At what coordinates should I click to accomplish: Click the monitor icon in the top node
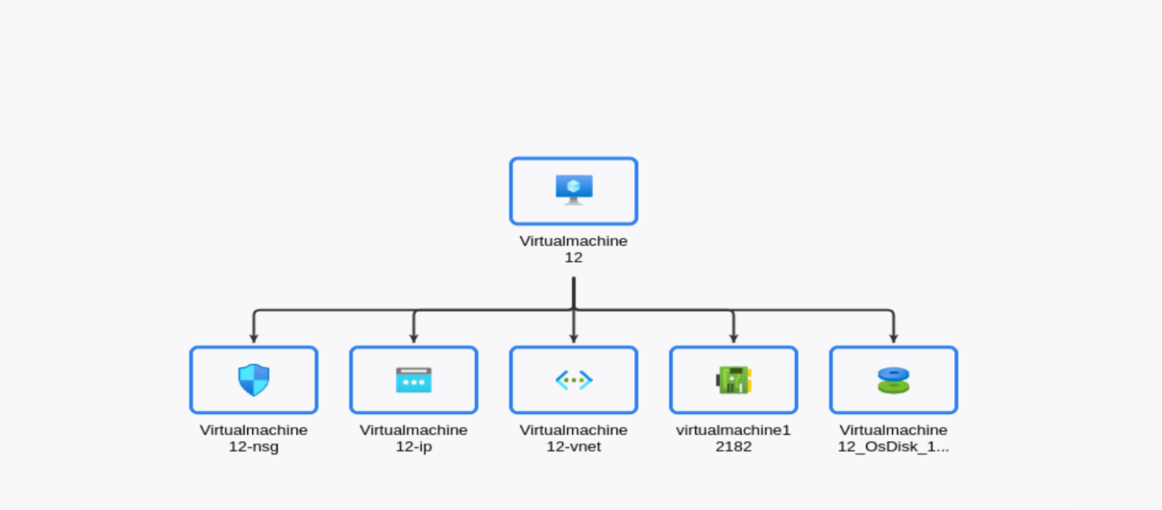click(x=573, y=190)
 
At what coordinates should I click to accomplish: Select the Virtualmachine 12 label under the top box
click(x=573, y=249)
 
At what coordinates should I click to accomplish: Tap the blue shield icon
click(x=253, y=380)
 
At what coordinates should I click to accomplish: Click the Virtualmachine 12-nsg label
click(x=253, y=438)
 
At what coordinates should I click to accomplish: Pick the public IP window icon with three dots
click(x=413, y=380)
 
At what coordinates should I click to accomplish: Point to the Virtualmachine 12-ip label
click(x=413, y=438)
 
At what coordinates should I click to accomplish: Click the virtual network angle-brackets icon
click(x=573, y=380)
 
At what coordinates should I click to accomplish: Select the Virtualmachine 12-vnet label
click(x=573, y=438)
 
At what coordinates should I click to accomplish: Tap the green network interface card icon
click(x=733, y=380)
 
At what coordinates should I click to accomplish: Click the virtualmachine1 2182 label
click(x=733, y=438)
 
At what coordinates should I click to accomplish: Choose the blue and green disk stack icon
click(x=893, y=380)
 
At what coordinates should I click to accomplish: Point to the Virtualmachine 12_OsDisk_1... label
click(x=893, y=438)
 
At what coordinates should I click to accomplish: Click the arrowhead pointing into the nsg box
click(x=253, y=338)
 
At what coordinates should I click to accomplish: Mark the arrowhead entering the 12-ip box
click(x=413, y=338)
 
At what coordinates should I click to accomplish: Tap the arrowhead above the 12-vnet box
click(x=573, y=338)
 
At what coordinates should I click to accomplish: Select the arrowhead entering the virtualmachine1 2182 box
click(x=733, y=338)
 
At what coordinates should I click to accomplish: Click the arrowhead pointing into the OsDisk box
click(x=893, y=338)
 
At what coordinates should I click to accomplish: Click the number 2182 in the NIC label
click(x=733, y=447)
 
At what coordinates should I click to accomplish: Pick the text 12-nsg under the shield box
click(x=253, y=447)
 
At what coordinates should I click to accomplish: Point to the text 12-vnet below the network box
click(x=573, y=447)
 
